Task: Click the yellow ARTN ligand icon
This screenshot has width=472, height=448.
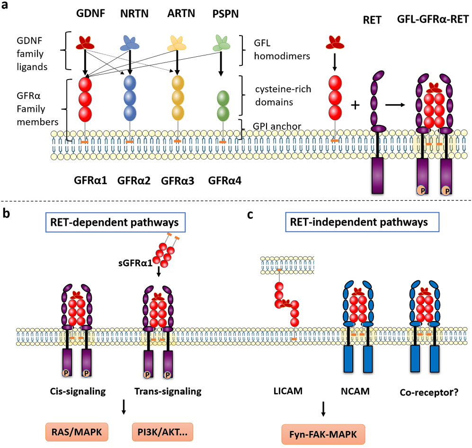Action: tap(177, 43)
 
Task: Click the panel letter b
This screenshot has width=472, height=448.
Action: tap(7, 213)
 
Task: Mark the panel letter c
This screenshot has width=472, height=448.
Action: tap(250, 213)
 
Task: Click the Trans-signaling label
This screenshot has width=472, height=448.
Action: tap(168, 391)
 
